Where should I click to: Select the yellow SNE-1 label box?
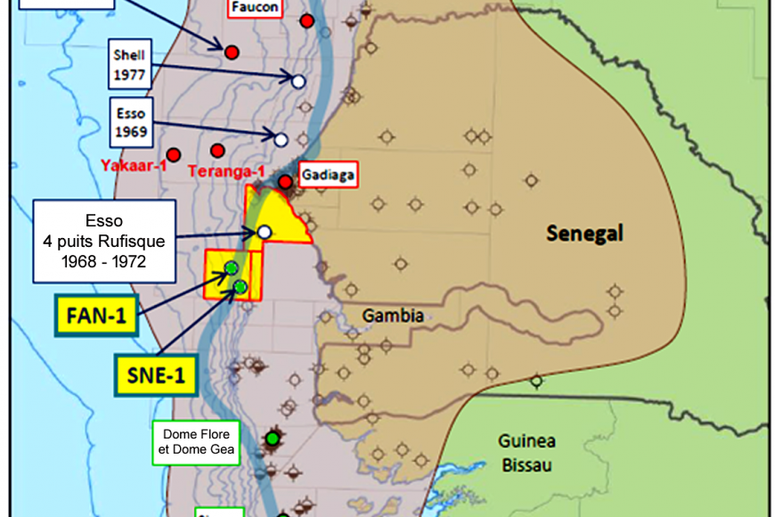(x=154, y=375)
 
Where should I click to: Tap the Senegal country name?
(x=583, y=234)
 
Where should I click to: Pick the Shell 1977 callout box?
(x=129, y=63)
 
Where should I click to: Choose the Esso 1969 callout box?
(x=130, y=123)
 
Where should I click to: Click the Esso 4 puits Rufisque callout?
(x=104, y=240)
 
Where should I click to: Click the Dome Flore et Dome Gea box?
(x=195, y=442)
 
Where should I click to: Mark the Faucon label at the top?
(x=255, y=8)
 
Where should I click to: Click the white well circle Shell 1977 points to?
(x=298, y=81)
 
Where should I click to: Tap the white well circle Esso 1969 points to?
(x=281, y=139)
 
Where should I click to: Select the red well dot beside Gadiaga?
(x=285, y=182)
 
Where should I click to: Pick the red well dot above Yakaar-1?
(x=174, y=153)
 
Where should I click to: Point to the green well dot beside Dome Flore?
(x=273, y=439)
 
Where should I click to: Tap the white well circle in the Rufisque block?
(x=264, y=233)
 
